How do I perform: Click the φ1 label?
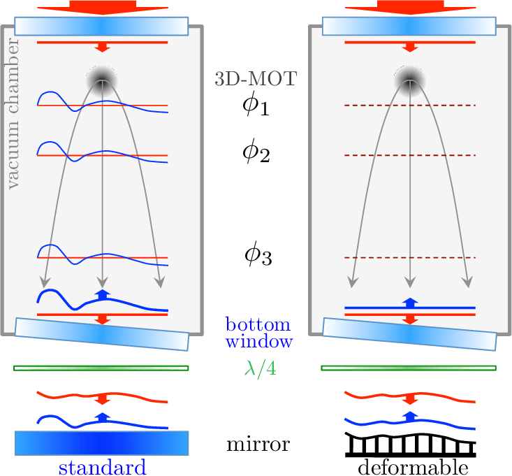point(256,106)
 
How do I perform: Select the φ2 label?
point(256,153)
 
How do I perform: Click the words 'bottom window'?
point(259,333)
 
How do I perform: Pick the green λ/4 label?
point(260,368)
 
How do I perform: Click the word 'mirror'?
point(258,444)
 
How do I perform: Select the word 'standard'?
point(102,467)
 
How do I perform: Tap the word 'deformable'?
point(411,467)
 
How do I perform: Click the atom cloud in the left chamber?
point(103,78)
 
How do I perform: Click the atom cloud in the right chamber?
point(409,78)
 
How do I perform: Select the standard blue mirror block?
point(102,443)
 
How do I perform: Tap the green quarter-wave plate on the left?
point(102,368)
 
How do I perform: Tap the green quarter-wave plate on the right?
point(409,368)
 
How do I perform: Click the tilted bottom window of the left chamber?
point(102,335)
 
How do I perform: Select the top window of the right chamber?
point(409,25)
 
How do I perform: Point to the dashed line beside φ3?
point(410,258)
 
